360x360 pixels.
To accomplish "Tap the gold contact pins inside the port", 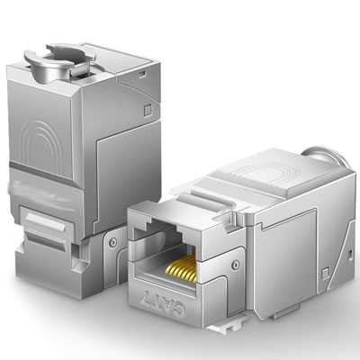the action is [x=181, y=267].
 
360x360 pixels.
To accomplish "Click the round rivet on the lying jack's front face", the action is [x=236, y=265].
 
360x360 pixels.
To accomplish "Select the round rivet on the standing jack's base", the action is [x=113, y=242].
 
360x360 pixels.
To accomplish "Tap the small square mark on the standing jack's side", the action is [x=148, y=111].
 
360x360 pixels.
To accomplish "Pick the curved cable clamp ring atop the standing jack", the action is [x=61, y=61].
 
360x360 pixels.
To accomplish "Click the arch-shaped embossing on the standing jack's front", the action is [x=43, y=147].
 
